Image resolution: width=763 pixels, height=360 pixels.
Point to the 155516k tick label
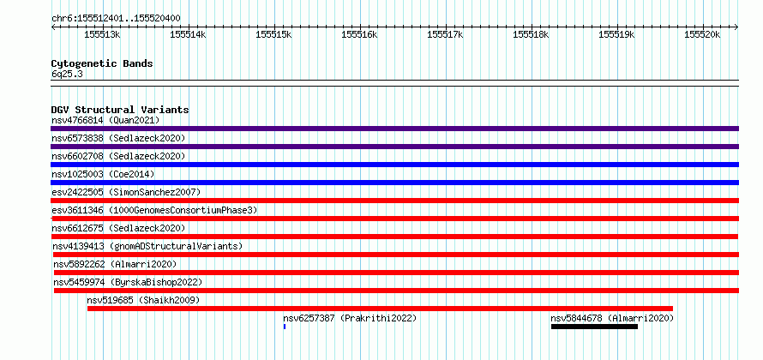[x=359, y=34]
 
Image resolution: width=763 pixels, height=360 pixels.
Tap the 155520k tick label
[x=702, y=34]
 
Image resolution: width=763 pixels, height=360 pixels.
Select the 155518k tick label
[x=531, y=34]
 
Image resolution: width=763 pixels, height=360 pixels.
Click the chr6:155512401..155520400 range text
[x=117, y=19]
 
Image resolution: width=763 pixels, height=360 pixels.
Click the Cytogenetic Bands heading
[x=102, y=63]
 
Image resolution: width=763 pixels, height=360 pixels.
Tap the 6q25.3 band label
[x=67, y=75]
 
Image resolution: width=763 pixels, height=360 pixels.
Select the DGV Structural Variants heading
[x=120, y=110]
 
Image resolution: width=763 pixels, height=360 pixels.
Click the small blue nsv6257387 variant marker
[x=284, y=327]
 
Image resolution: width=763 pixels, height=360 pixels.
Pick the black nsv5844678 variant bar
[x=594, y=327]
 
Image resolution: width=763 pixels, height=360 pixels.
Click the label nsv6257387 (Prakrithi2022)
[x=350, y=318]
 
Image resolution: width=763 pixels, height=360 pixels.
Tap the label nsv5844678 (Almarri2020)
[x=612, y=318]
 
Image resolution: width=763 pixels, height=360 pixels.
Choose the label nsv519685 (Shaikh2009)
[x=143, y=300]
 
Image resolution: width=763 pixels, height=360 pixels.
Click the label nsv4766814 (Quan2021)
[x=105, y=120]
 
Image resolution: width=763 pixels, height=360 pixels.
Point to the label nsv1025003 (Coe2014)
[x=103, y=174]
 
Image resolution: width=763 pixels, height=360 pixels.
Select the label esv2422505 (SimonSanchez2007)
[x=126, y=192]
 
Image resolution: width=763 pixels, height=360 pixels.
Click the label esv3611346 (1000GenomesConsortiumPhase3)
[x=154, y=210]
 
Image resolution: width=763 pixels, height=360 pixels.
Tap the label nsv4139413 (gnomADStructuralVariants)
[x=147, y=246]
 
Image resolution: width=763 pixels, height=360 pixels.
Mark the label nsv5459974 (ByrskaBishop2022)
[x=128, y=282]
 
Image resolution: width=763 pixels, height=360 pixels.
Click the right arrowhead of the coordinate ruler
[x=736, y=27]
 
